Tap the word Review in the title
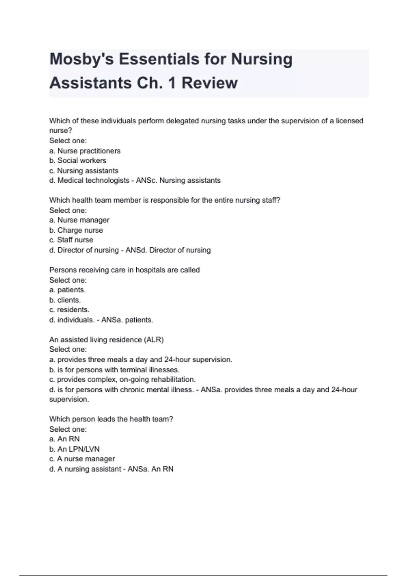click(210, 83)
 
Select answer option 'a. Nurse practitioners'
click(85, 151)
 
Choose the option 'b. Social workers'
click(78, 161)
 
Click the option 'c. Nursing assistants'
click(84, 171)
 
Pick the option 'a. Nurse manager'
click(79, 220)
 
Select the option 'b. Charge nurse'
click(76, 230)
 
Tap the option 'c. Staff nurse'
click(71, 240)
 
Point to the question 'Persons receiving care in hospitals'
click(124, 270)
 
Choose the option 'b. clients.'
click(65, 300)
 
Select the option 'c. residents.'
click(70, 310)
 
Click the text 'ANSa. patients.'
click(128, 320)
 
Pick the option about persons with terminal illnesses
click(115, 370)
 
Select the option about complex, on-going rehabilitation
click(122, 379)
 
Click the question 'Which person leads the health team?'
click(111, 419)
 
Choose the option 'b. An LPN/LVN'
click(75, 449)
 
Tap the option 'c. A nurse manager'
click(82, 459)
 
